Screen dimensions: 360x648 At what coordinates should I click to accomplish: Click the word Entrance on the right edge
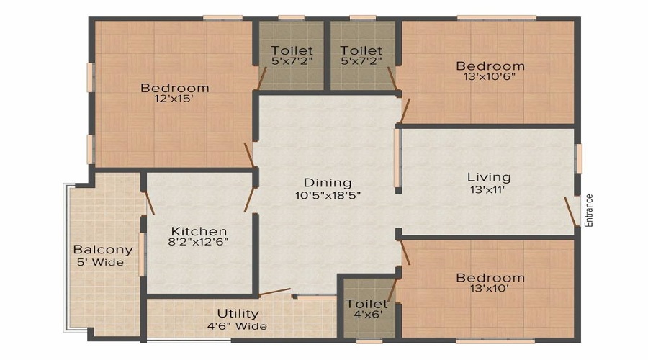pyautogui.click(x=589, y=210)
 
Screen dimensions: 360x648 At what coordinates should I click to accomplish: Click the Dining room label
pyautogui.click(x=328, y=183)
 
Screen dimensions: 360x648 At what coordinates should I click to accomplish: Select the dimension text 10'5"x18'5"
pyautogui.click(x=328, y=195)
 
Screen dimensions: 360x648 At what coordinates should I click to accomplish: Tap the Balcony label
pyautogui.click(x=103, y=250)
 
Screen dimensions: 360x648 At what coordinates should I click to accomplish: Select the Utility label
pyautogui.click(x=238, y=314)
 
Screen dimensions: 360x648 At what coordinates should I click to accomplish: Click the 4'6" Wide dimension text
pyautogui.click(x=238, y=326)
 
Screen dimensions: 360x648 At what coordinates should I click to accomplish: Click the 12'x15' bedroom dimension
pyautogui.click(x=174, y=99)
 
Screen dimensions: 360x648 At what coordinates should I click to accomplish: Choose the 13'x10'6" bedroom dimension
pyautogui.click(x=490, y=76)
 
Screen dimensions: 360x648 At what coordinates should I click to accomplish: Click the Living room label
pyautogui.click(x=489, y=177)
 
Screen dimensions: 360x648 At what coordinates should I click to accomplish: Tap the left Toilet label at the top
pyautogui.click(x=292, y=50)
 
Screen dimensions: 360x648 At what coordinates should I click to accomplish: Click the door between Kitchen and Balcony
pyautogui.click(x=149, y=203)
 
